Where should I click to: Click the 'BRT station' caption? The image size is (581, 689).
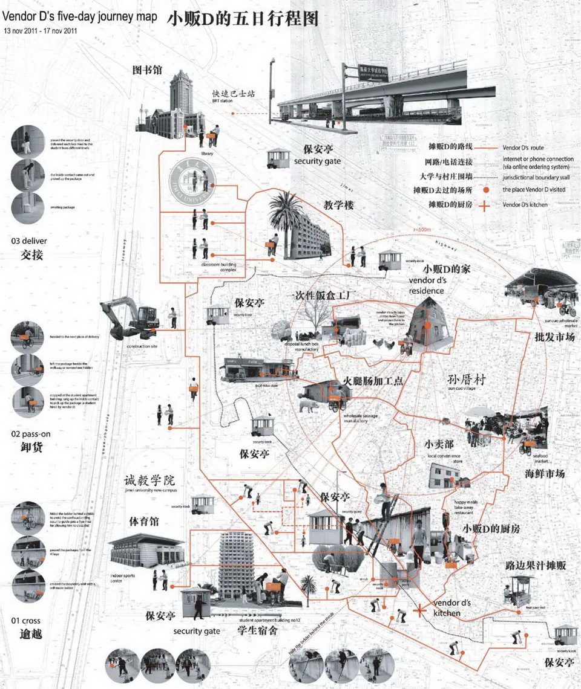(x=222, y=101)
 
